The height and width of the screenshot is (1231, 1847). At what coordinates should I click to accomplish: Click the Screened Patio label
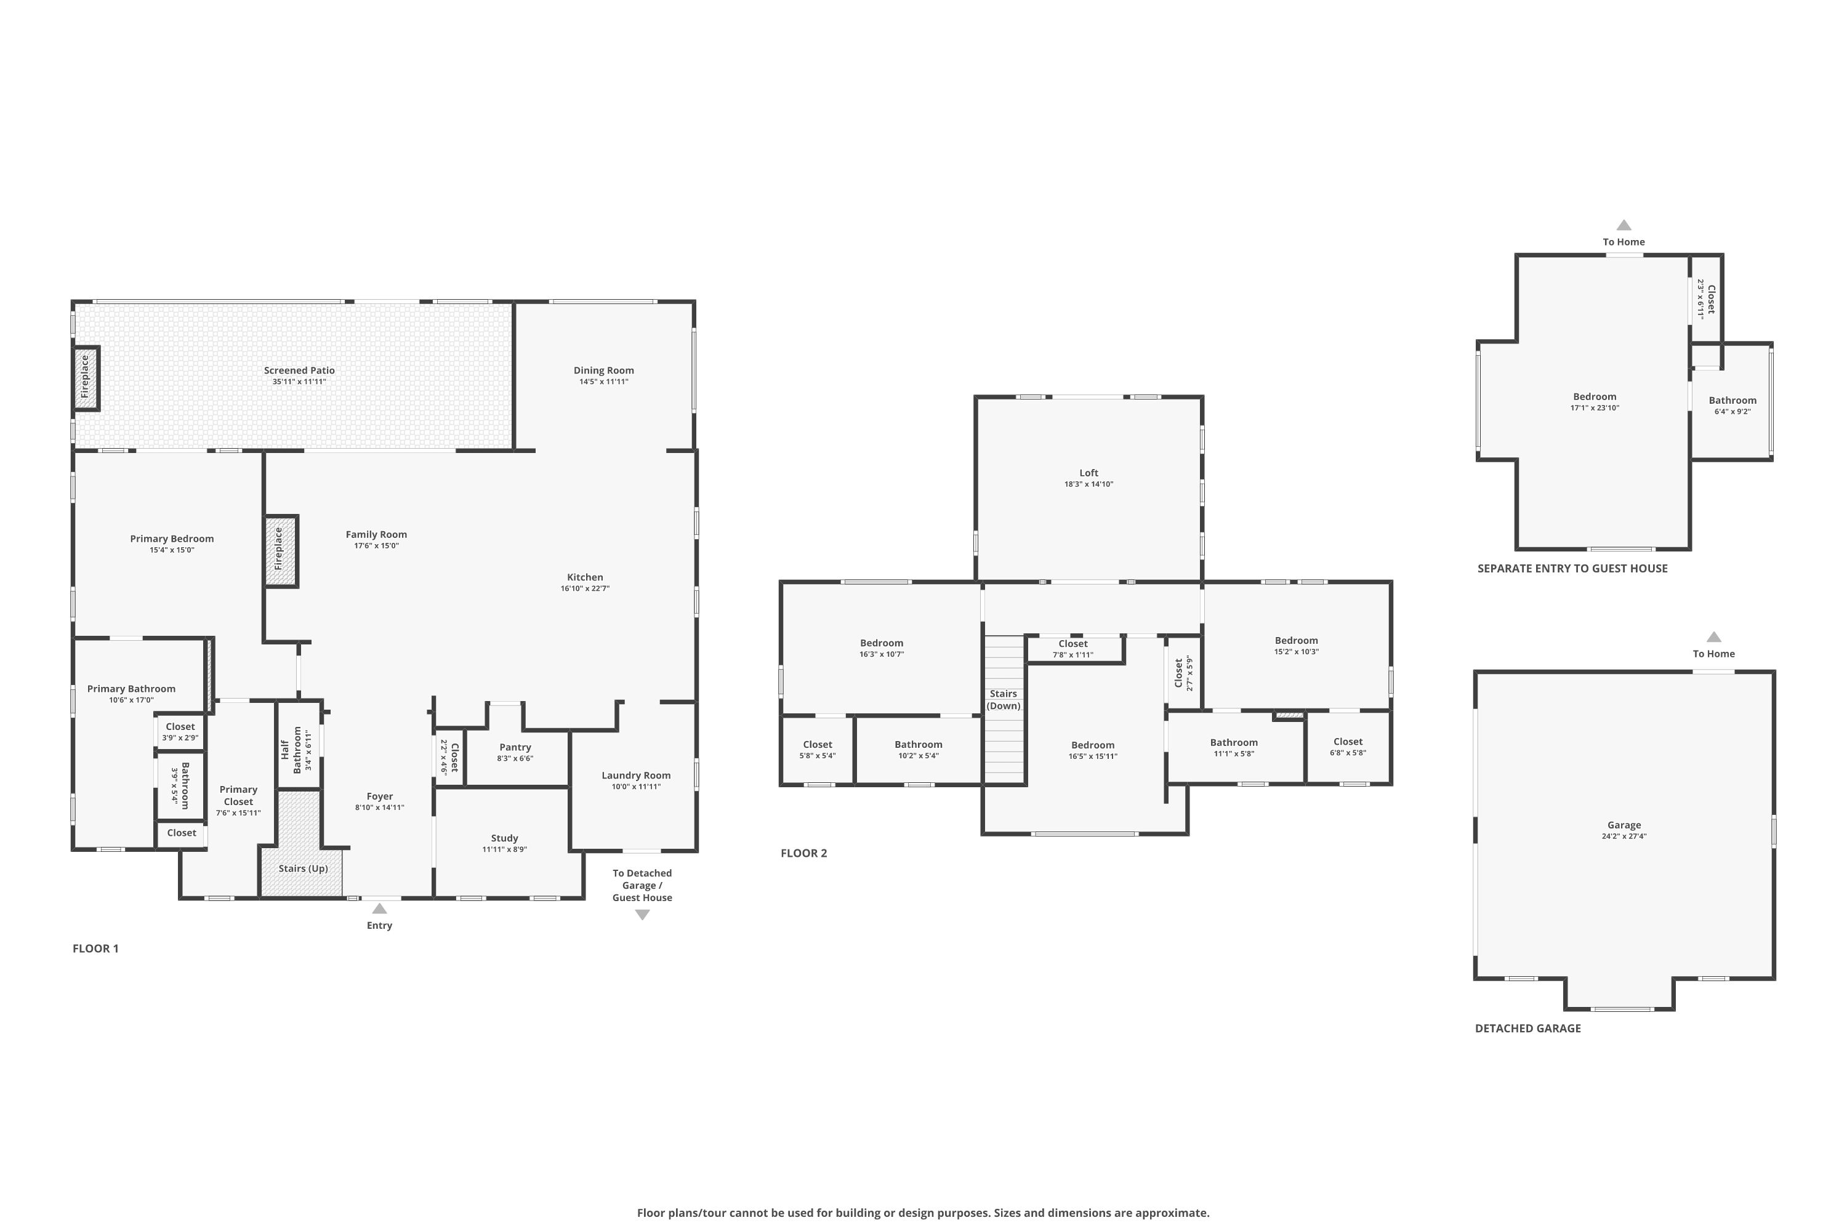point(299,371)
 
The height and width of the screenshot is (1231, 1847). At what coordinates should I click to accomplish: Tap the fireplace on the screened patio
point(86,378)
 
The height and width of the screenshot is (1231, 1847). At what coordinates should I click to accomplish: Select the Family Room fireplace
point(280,551)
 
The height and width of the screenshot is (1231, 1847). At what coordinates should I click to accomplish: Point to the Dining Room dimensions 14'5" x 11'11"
point(603,382)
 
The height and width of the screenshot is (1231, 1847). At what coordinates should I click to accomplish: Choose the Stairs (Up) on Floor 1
point(302,868)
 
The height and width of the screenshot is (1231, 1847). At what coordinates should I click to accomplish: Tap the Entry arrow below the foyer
point(379,909)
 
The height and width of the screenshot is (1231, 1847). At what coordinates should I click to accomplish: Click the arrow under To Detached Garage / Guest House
point(642,915)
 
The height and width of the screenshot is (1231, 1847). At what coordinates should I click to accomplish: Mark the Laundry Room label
point(635,776)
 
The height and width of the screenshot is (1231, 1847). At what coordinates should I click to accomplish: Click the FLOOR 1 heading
point(95,948)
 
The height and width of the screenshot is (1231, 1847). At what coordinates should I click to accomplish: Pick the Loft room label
point(1088,473)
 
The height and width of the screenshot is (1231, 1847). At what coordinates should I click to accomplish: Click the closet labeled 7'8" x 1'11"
point(1072,649)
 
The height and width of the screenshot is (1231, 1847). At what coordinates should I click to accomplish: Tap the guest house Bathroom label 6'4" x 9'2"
point(1732,401)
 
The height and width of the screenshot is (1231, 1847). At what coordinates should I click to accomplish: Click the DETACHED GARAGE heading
point(1527,1029)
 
